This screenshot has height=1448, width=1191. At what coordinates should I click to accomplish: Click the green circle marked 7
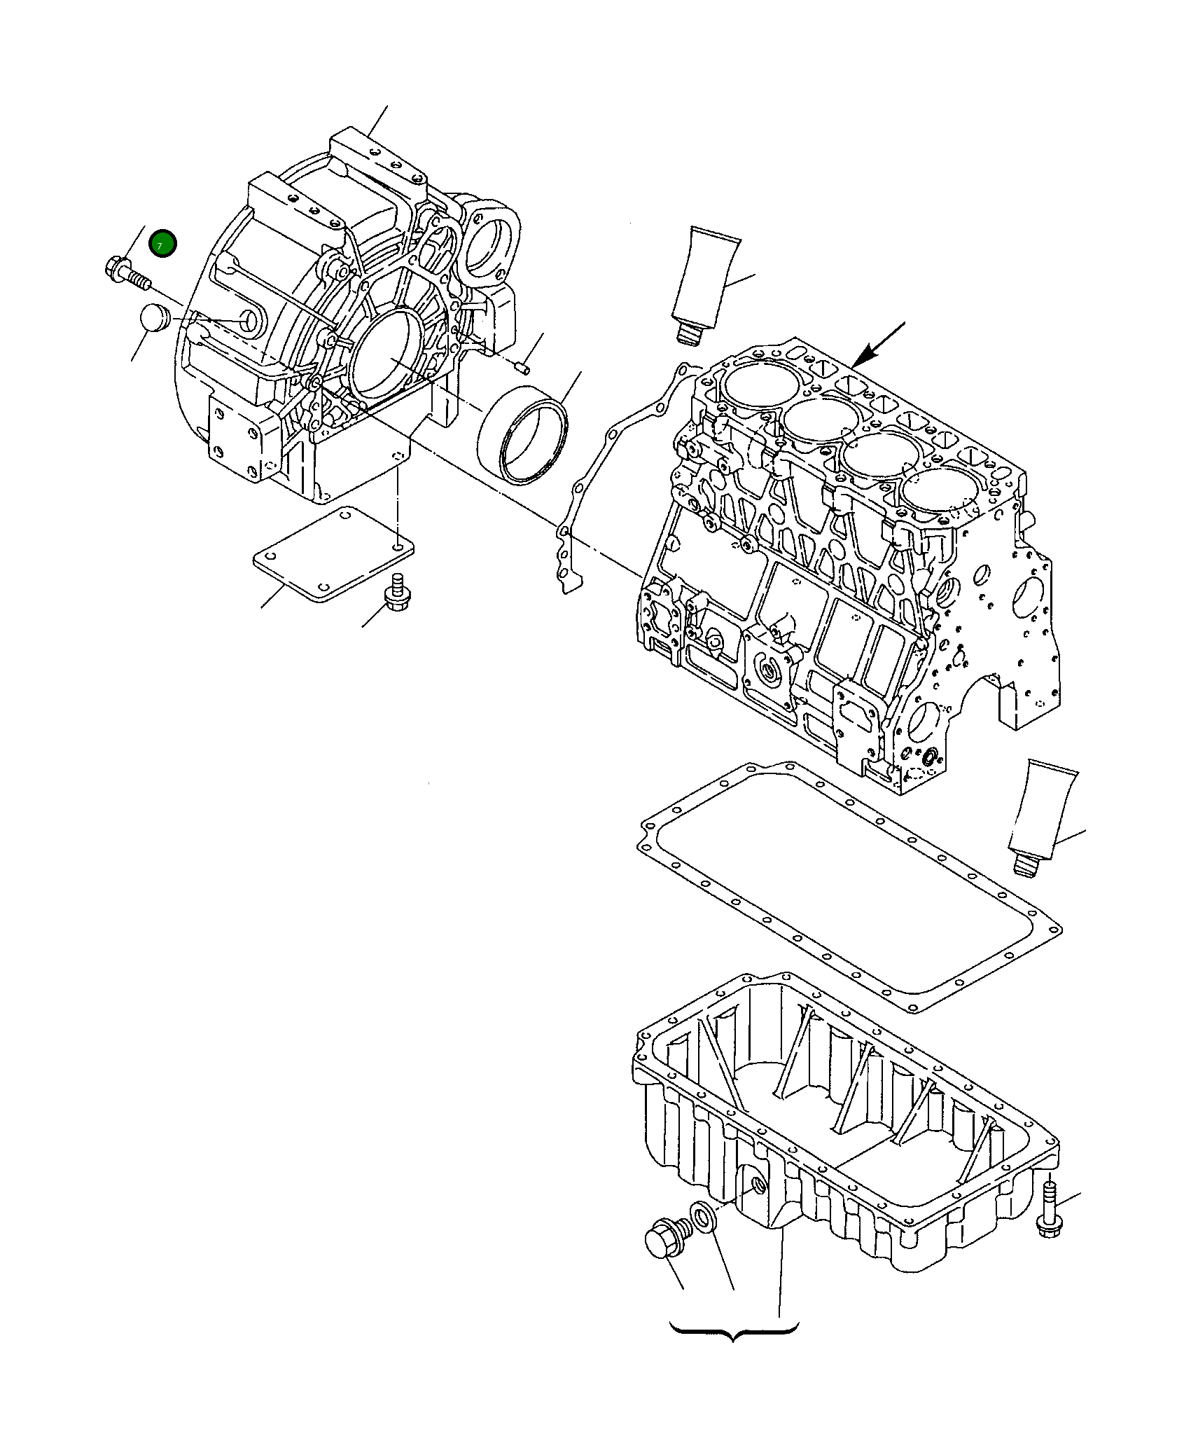click(163, 244)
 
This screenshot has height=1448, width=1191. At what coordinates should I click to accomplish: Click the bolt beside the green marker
click(127, 274)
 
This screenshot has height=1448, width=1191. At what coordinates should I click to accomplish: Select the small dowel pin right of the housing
click(522, 367)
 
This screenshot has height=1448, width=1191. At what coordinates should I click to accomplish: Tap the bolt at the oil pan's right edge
click(1048, 1220)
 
